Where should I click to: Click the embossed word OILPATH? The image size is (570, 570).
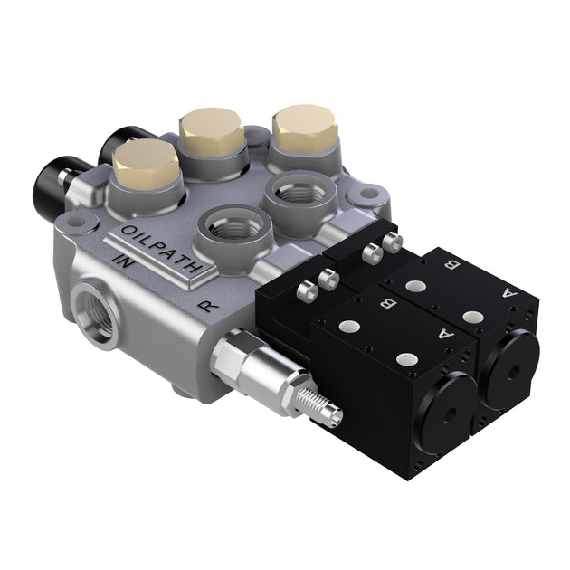[x=161, y=245]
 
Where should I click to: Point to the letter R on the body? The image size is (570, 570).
[x=209, y=305]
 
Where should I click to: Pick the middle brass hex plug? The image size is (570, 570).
[x=212, y=134]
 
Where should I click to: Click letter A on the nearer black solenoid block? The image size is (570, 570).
[x=444, y=332]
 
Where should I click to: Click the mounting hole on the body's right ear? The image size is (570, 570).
[x=367, y=195]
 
